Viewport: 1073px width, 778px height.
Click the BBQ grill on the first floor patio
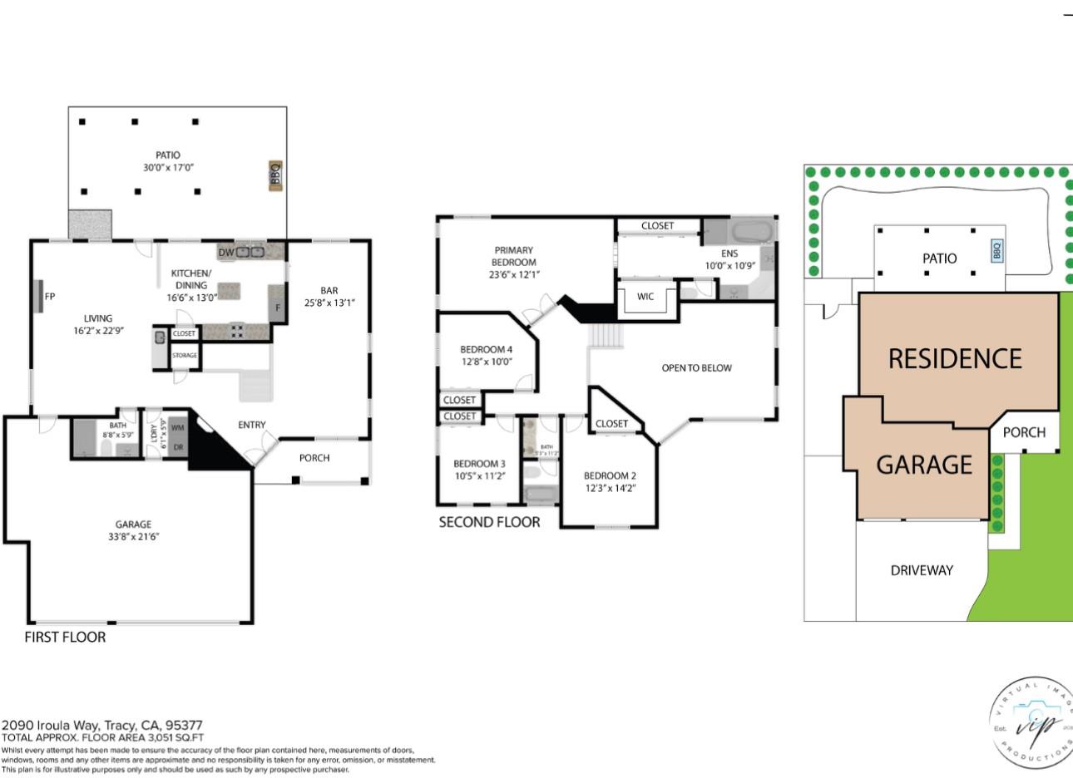click(275, 176)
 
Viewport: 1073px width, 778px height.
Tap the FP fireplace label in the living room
click(49, 296)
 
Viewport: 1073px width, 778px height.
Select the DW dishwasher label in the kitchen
click(225, 252)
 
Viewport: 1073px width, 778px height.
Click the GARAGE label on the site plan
click(923, 465)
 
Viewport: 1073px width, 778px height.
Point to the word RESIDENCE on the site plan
click(955, 359)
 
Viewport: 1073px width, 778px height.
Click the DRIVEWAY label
click(922, 570)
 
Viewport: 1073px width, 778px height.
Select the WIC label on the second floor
click(645, 296)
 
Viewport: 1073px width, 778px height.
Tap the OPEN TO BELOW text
click(696, 367)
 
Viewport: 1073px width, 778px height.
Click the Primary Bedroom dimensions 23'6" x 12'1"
click(513, 274)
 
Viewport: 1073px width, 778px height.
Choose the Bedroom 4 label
click(487, 349)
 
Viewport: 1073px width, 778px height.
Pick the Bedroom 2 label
click(610, 475)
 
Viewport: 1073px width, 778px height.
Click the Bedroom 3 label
click(479, 464)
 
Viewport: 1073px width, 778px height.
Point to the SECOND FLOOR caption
click(489, 522)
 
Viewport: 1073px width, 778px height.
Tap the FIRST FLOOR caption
click(65, 638)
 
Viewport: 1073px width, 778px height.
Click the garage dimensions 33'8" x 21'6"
click(133, 536)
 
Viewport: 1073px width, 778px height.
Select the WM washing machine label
click(177, 427)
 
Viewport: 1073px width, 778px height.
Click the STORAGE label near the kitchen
click(185, 356)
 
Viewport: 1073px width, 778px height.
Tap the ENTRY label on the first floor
click(252, 425)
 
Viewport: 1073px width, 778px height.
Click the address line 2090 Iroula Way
click(102, 725)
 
